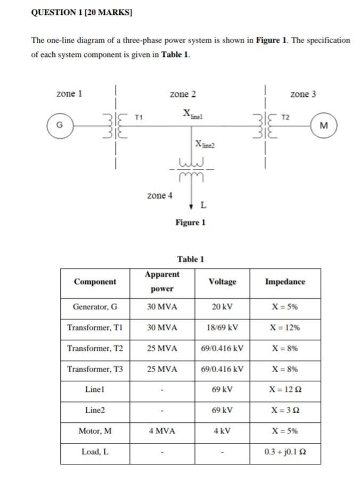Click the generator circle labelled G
point(60,126)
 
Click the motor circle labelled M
point(324,126)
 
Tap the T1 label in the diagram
point(139,116)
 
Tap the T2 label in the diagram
point(286,116)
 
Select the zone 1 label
point(69,94)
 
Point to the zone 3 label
point(303,94)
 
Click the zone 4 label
point(160,195)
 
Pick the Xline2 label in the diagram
point(206,144)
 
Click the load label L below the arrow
point(204,205)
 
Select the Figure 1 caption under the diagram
point(190,223)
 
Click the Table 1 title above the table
point(191,259)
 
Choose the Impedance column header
point(285,282)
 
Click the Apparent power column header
point(162,282)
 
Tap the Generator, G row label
point(95,307)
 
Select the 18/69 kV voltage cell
point(222,328)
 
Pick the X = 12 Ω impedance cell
point(285,390)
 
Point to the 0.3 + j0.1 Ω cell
point(285,452)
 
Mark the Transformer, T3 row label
point(95,369)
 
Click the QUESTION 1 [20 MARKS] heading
point(81,12)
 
